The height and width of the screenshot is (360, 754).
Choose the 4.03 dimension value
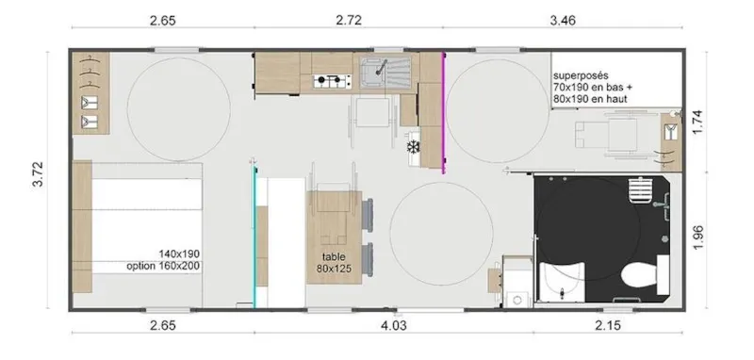click(394, 326)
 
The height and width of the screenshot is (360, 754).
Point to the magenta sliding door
click(443, 113)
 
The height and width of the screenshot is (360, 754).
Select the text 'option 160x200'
click(164, 266)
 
